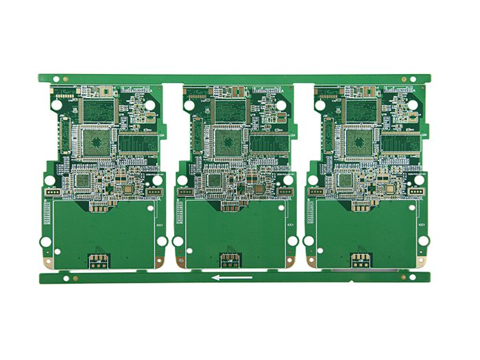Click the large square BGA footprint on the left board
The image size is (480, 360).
96,141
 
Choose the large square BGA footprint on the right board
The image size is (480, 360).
359,141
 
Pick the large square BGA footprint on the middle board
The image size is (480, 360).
228,141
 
